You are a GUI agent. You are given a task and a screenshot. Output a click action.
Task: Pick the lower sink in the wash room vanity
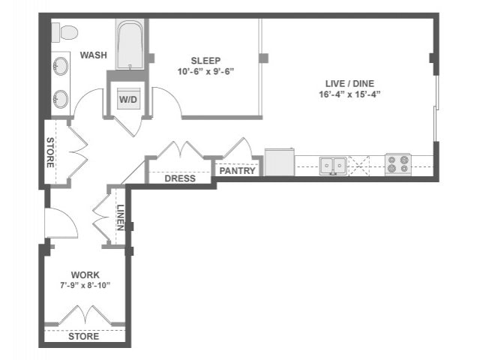pyautogui.click(x=60, y=98)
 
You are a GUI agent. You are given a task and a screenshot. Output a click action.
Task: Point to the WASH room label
pyautogui.click(x=93, y=55)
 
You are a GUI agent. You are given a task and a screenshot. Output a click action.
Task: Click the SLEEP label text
pyautogui.click(x=205, y=60)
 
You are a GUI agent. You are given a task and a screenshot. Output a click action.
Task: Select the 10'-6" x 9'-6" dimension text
pyautogui.click(x=205, y=73)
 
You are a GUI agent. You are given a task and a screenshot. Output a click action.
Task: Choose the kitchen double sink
pyautogui.click(x=332, y=164)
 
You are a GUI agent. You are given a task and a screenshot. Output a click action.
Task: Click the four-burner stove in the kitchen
pyautogui.click(x=398, y=164)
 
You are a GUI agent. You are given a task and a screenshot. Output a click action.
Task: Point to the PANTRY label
pyautogui.click(x=238, y=171)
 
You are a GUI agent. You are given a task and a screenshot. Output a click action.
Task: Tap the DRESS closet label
pyautogui.click(x=179, y=178)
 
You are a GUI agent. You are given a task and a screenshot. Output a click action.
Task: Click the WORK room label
pyautogui.click(x=85, y=274)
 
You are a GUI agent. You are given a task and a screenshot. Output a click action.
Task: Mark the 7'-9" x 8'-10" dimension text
pyautogui.click(x=85, y=286)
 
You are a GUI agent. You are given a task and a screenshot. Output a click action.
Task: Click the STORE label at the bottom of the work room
pyautogui.click(x=83, y=337)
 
